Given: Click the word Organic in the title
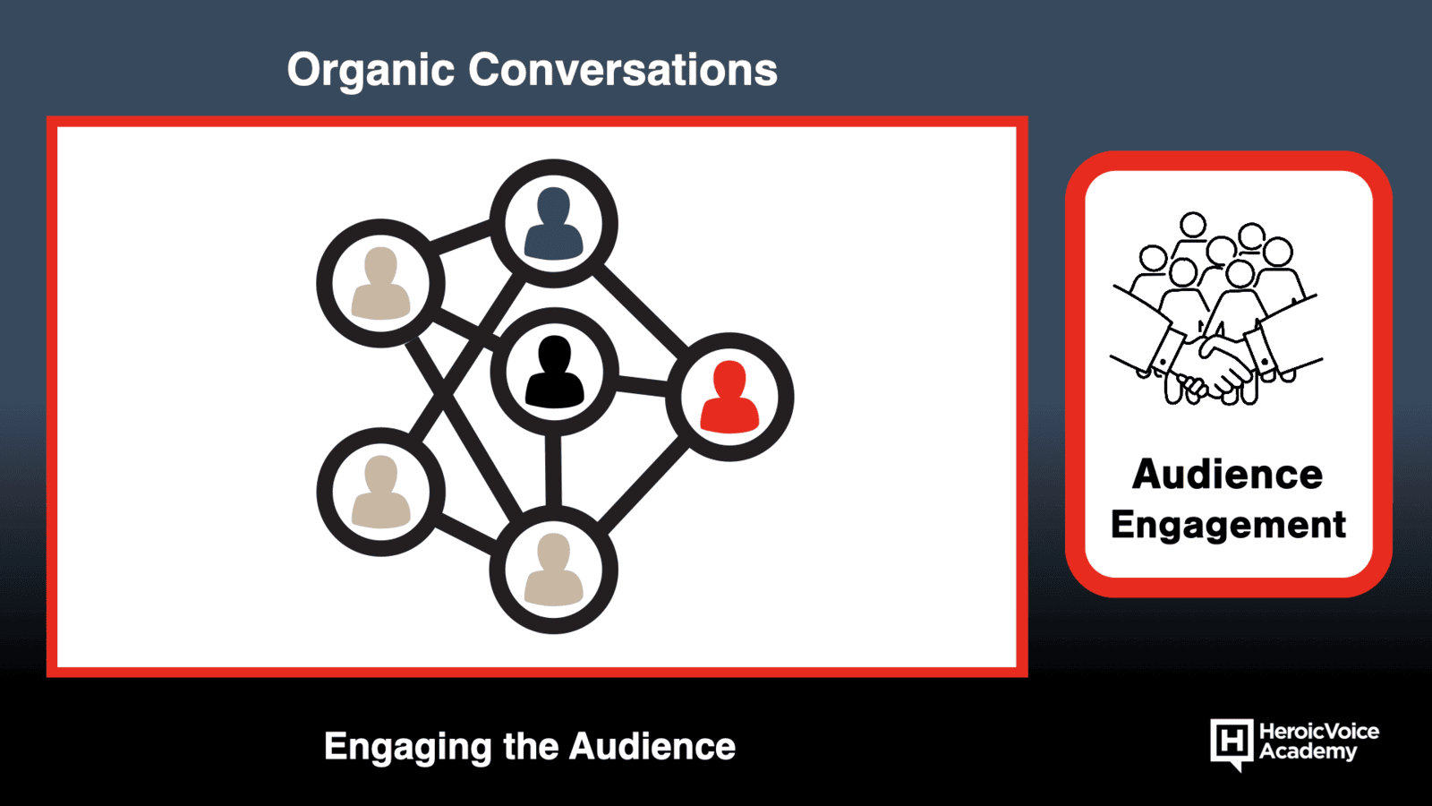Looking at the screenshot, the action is [x=371, y=72].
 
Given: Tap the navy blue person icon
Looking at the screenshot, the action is [x=554, y=223].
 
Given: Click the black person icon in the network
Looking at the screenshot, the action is [x=554, y=372].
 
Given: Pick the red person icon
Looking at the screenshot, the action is [x=730, y=397].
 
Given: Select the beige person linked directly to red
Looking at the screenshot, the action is [x=554, y=570].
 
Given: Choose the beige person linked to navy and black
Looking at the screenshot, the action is [x=381, y=283].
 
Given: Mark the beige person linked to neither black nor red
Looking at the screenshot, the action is [x=381, y=492].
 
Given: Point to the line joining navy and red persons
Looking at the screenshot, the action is [x=641, y=307].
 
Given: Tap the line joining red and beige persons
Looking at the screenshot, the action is [x=644, y=485].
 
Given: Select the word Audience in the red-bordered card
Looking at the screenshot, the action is [x=1227, y=475].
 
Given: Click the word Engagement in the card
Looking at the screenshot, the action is [x=1228, y=526].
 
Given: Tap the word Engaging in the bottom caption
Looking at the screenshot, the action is [x=407, y=747].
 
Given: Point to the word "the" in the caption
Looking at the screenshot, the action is [x=530, y=746].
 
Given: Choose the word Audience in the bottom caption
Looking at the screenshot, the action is [x=652, y=746].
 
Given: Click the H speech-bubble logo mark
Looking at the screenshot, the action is [x=1232, y=743].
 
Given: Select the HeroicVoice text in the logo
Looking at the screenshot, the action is [x=1319, y=731].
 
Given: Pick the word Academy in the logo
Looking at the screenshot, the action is [x=1308, y=751].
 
